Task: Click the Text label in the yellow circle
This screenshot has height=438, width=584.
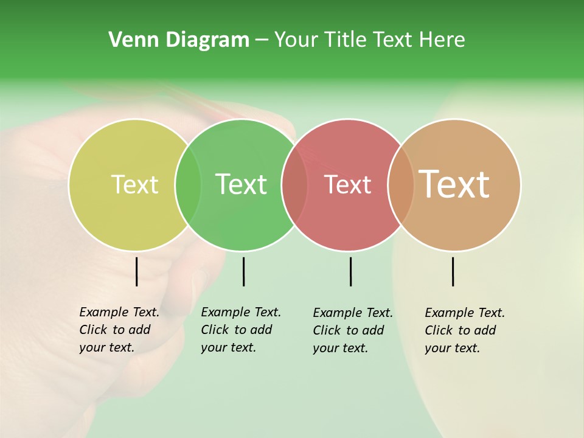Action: click(x=134, y=184)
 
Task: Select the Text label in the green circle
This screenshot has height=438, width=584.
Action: click(x=241, y=184)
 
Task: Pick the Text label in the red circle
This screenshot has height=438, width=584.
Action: click(x=347, y=184)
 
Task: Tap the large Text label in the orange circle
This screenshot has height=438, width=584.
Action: click(x=454, y=184)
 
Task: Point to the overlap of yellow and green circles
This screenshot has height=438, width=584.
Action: click(x=188, y=185)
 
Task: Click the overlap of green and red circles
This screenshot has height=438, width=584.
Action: click(x=294, y=185)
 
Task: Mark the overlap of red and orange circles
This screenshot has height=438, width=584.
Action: click(x=401, y=185)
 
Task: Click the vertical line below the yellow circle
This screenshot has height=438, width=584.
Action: click(x=136, y=271)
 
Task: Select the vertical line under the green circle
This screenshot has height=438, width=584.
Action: click(x=243, y=271)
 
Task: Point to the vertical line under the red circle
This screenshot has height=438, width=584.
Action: click(x=350, y=271)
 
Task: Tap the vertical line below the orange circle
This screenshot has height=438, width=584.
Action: click(x=453, y=271)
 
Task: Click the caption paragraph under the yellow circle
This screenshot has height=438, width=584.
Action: click(x=119, y=330)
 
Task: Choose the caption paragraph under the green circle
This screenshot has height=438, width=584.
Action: click(x=240, y=330)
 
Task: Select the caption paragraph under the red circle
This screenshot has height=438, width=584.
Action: click(x=352, y=330)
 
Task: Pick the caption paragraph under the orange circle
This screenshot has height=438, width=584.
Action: click(x=464, y=330)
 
